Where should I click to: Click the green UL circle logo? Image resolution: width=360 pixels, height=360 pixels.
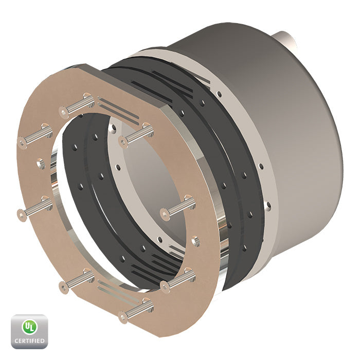tap(29, 327)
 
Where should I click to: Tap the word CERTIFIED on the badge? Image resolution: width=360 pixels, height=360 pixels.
tap(29, 340)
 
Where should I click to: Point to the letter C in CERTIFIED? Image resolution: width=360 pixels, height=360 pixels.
tap(16, 340)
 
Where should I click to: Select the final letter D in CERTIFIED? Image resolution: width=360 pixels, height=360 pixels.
tap(42, 340)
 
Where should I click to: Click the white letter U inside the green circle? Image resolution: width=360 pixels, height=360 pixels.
tap(28, 326)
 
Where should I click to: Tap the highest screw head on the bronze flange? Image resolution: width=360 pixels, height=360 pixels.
tap(64, 112)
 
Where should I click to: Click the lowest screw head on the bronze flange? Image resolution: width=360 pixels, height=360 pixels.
tap(123, 317)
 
